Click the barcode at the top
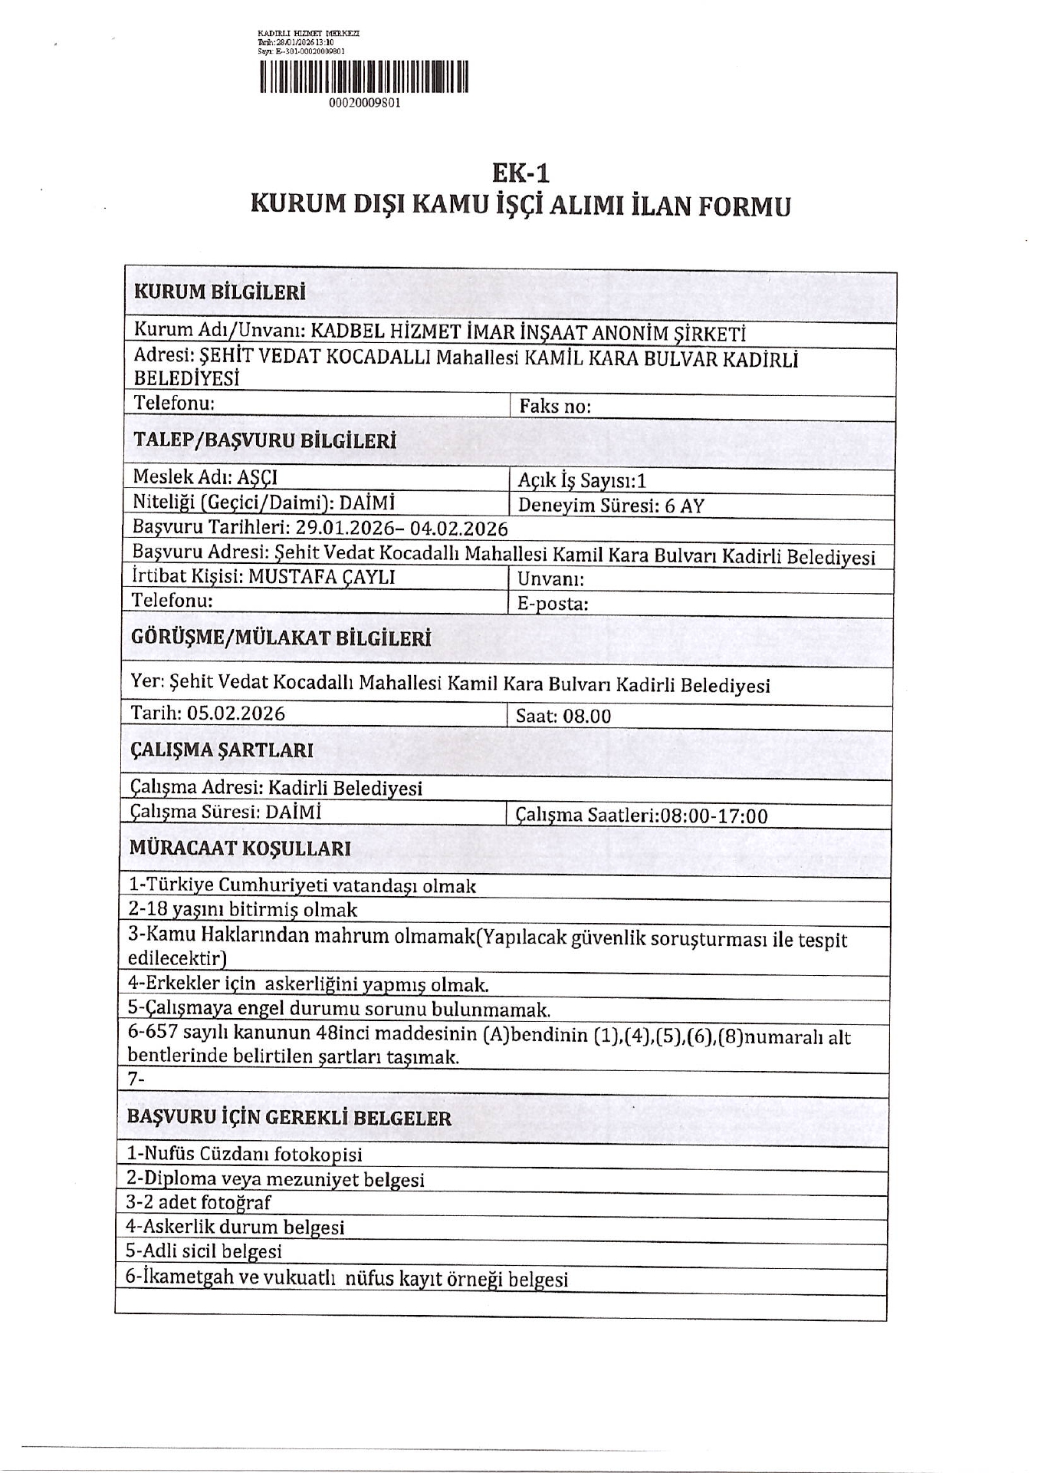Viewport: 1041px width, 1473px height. (364, 77)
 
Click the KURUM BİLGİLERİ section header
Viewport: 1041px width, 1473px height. (220, 292)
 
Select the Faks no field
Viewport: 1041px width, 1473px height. (555, 407)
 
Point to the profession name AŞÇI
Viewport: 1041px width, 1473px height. (258, 477)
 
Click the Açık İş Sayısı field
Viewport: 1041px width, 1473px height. (583, 481)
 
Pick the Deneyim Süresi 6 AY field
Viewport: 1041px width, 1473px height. (611, 506)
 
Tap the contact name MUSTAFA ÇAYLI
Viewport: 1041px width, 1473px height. (322, 577)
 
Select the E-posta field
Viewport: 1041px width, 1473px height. (553, 604)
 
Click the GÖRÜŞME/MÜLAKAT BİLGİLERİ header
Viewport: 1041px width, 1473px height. (281, 638)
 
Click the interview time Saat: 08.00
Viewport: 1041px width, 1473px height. (563, 717)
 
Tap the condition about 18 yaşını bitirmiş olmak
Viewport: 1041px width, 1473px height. (243, 911)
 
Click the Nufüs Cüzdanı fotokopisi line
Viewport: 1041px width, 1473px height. (245, 1154)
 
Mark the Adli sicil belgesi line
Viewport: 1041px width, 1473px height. (204, 1251)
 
